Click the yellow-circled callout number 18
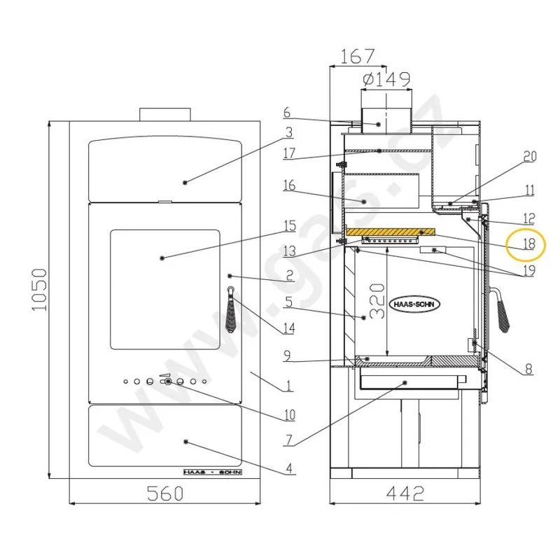pyautogui.click(x=528, y=244)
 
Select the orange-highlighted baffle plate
pyautogui.click(x=390, y=232)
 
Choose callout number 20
pyautogui.click(x=529, y=157)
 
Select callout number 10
pyautogui.click(x=289, y=415)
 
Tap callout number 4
pyautogui.click(x=289, y=468)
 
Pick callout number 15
pyautogui.click(x=289, y=226)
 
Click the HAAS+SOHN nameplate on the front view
pyautogui.click(x=211, y=472)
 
